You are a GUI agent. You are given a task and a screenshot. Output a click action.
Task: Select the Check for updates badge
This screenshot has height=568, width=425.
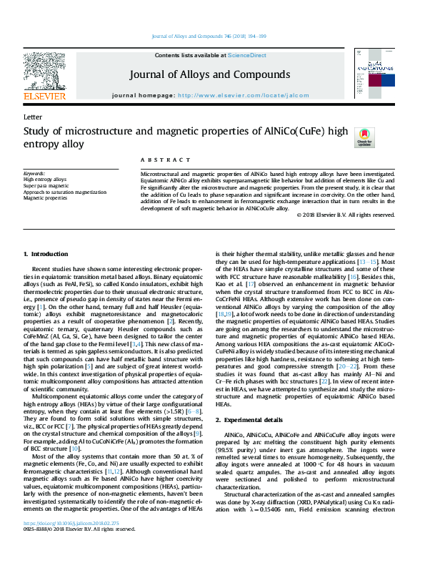click(364, 136)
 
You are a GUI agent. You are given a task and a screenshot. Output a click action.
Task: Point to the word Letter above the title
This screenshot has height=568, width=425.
click(31, 117)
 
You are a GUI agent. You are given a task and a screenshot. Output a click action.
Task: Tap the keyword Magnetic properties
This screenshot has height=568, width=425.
click(45, 199)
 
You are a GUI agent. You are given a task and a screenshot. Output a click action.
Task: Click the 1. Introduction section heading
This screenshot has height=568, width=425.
click(46, 254)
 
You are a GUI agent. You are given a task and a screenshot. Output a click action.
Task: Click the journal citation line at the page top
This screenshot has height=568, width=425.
click(212, 36)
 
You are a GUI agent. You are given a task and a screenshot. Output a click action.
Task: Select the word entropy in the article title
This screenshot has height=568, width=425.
click(41, 144)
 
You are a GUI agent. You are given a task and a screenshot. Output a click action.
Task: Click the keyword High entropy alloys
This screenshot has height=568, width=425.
click(45, 180)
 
